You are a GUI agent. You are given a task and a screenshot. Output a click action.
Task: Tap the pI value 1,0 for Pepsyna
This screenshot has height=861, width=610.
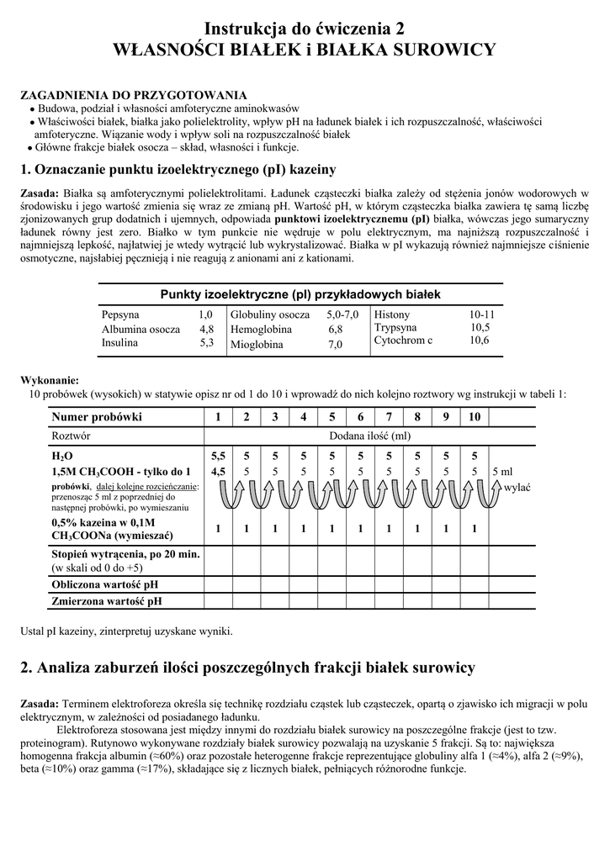(x=206, y=314)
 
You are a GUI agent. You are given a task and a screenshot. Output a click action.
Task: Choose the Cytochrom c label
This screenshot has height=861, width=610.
(x=403, y=340)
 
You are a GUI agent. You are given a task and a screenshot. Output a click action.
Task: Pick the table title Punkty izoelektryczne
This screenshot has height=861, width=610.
(x=300, y=294)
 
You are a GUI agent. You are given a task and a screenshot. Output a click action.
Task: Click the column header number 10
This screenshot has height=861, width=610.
(x=475, y=416)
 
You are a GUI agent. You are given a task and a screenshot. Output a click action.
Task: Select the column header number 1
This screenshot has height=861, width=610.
(x=218, y=416)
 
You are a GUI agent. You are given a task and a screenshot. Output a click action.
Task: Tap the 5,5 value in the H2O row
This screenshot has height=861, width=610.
(x=218, y=455)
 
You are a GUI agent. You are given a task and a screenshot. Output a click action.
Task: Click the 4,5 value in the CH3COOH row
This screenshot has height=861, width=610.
(x=218, y=471)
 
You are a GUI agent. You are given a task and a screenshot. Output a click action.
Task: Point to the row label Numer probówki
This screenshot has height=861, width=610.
(x=97, y=416)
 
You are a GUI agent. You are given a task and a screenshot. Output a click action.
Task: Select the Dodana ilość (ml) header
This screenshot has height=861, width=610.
(x=370, y=436)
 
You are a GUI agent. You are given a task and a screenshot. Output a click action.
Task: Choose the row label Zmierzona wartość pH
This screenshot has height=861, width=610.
(x=107, y=601)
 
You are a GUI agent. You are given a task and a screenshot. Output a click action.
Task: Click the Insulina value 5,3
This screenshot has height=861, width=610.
(x=206, y=343)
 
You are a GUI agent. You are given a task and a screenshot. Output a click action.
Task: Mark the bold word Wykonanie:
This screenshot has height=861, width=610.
(x=49, y=380)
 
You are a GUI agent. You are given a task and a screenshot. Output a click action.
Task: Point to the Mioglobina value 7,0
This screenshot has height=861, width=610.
(x=335, y=345)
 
